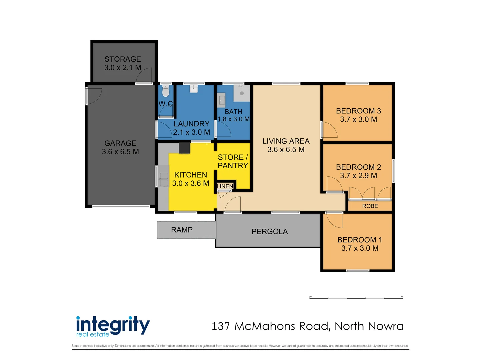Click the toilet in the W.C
(166, 91)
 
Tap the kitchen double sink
(164, 179)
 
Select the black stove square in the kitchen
(184, 148)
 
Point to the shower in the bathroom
(242, 93)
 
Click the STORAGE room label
(123, 59)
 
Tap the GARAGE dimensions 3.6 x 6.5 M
(120, 152)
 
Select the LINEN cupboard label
(225, 186)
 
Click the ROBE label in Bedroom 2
(370, 206)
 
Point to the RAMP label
(182, 230)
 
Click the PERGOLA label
(269, 231)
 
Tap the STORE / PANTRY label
(233, 161)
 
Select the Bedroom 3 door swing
(329, 130)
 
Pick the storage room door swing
(144, 76)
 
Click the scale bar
(356, 298)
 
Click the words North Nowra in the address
(369, 326)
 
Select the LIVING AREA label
(286, 141)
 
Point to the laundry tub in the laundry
(194, 88)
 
